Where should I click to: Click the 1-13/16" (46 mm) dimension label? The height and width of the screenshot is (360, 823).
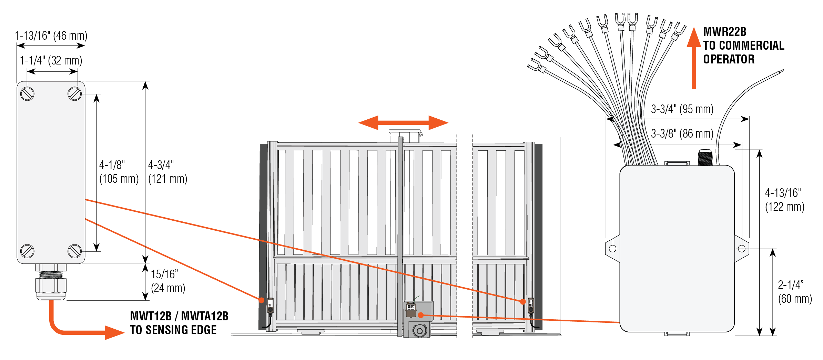tap(51, 36)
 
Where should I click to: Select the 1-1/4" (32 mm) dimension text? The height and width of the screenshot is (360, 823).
tap(51, 61)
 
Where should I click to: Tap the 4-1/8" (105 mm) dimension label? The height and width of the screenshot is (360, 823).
tap(119, 172)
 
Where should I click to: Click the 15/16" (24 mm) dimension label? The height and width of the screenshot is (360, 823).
tap(168, 281)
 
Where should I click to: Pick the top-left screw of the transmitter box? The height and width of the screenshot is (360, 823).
tap(27, 94)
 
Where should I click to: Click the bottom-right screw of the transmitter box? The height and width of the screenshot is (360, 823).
tap(74, 251)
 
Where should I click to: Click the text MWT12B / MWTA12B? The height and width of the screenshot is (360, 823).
tap(179, 316)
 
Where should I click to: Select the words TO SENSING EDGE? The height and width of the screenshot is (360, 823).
tap(173, 330)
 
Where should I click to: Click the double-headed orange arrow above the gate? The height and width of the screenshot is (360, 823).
tap(403, 123)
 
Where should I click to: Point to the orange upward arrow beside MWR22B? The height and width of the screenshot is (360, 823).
tap(694, 59)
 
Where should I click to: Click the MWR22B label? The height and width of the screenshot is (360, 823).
tap(724, 32)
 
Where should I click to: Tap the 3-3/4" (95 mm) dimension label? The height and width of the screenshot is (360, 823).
tap(682, 109)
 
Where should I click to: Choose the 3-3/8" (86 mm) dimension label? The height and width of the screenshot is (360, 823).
tap(682, 133)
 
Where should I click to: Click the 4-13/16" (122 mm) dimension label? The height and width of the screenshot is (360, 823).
tap(784, 200)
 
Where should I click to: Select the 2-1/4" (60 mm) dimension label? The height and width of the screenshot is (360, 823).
tap(795, 292)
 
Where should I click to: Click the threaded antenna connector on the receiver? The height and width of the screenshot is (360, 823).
tap(705, 158)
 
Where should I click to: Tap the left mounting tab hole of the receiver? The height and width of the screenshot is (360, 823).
tap(613, 248)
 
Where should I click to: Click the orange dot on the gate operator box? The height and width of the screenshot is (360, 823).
tap(421, 315)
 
